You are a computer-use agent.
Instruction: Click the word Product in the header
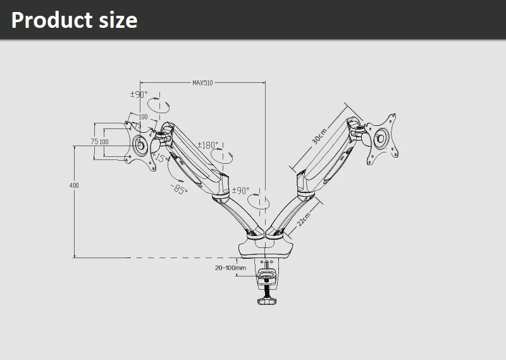pos(52,20)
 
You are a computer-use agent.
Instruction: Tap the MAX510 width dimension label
pos(202,82)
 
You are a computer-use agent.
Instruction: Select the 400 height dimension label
pos(74,185)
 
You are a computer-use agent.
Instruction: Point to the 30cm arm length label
pos(319,136)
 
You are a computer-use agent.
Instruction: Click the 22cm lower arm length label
pos(304,220)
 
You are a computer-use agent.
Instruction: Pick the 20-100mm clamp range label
pos(230,268)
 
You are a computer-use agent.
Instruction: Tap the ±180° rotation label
pos(207,144)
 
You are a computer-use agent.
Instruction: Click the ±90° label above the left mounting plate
pos(139,94)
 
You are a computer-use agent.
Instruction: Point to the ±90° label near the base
pos(240,190)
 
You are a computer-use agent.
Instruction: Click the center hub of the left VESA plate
pos(140,145)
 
